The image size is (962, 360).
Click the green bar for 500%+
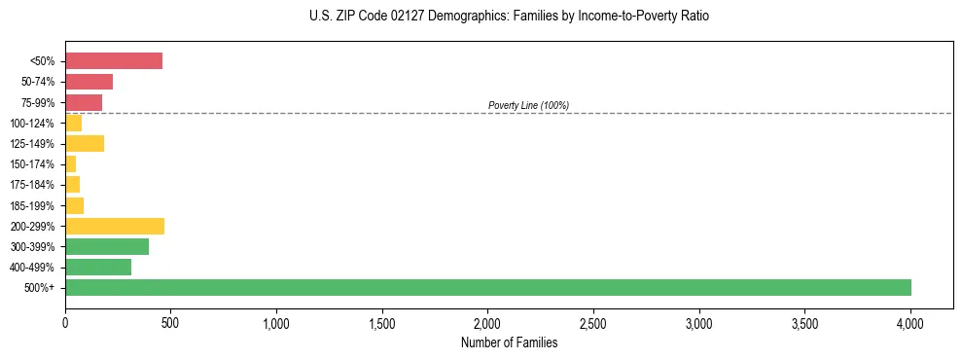point(488,287)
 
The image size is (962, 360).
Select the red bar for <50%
point(114,61)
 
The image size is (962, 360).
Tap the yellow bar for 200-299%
point(115,226)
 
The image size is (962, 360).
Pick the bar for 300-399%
point(107,246)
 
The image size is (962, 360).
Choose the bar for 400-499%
point(98,267)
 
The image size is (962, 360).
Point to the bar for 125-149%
point(85,144)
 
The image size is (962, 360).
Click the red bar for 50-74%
point(89,82)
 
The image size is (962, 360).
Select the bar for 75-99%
point(84,102)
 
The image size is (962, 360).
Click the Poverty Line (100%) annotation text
point(528,105)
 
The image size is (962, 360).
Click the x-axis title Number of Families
point(510,342)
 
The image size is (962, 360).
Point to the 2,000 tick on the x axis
point(488,321)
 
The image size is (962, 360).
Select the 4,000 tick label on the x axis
point(910,321)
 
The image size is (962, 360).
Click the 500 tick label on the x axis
point(171,321)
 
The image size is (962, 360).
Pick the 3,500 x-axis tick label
point(804,321)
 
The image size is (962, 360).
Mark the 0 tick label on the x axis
point(65,321)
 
